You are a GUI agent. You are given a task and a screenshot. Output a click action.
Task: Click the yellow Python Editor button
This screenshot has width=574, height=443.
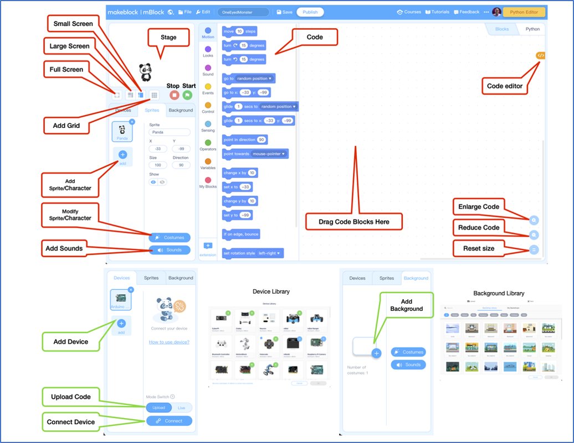[x=524, y=12]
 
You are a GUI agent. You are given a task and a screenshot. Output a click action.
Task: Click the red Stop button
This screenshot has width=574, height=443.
[x=174, y=95]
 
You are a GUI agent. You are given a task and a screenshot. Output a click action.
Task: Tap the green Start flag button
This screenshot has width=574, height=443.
[x=187, y=95]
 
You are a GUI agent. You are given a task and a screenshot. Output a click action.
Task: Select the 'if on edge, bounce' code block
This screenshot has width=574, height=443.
[x=241, y=234]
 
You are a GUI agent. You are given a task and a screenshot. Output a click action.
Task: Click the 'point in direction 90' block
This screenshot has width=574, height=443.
[x=244, y=139]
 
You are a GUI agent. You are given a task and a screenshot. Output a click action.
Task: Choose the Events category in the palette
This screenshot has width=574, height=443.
[x=208, y=89]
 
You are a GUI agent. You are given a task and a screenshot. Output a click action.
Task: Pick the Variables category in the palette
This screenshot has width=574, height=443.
[x=208, y=164]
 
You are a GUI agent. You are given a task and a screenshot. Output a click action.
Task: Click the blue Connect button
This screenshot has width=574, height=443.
[x=169, y=421]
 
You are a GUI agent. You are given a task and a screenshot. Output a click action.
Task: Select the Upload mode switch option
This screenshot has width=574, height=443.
[x=158, y=408]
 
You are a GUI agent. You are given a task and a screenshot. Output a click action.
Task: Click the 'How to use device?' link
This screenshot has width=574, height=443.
[x=169, y=342]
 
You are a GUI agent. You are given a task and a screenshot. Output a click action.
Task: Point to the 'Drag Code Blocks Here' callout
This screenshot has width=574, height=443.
[x=354, y=222]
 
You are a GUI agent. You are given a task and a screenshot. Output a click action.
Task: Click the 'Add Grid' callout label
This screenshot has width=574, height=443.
[x=66, y=126]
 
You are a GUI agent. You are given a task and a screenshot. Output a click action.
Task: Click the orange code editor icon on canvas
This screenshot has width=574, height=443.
[x=541, y=55]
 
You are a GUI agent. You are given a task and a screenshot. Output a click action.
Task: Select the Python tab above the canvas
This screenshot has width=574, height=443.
[x=532, y=29]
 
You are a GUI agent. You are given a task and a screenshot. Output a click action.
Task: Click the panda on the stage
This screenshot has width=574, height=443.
[x=146, y=72]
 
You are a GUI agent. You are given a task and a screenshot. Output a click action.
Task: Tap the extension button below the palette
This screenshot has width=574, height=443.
[x=208, y=248]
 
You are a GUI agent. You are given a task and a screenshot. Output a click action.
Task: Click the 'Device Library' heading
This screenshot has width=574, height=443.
[x=271, y=291]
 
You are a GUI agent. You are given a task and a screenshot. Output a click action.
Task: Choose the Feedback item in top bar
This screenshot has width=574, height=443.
[x=467, y=12]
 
